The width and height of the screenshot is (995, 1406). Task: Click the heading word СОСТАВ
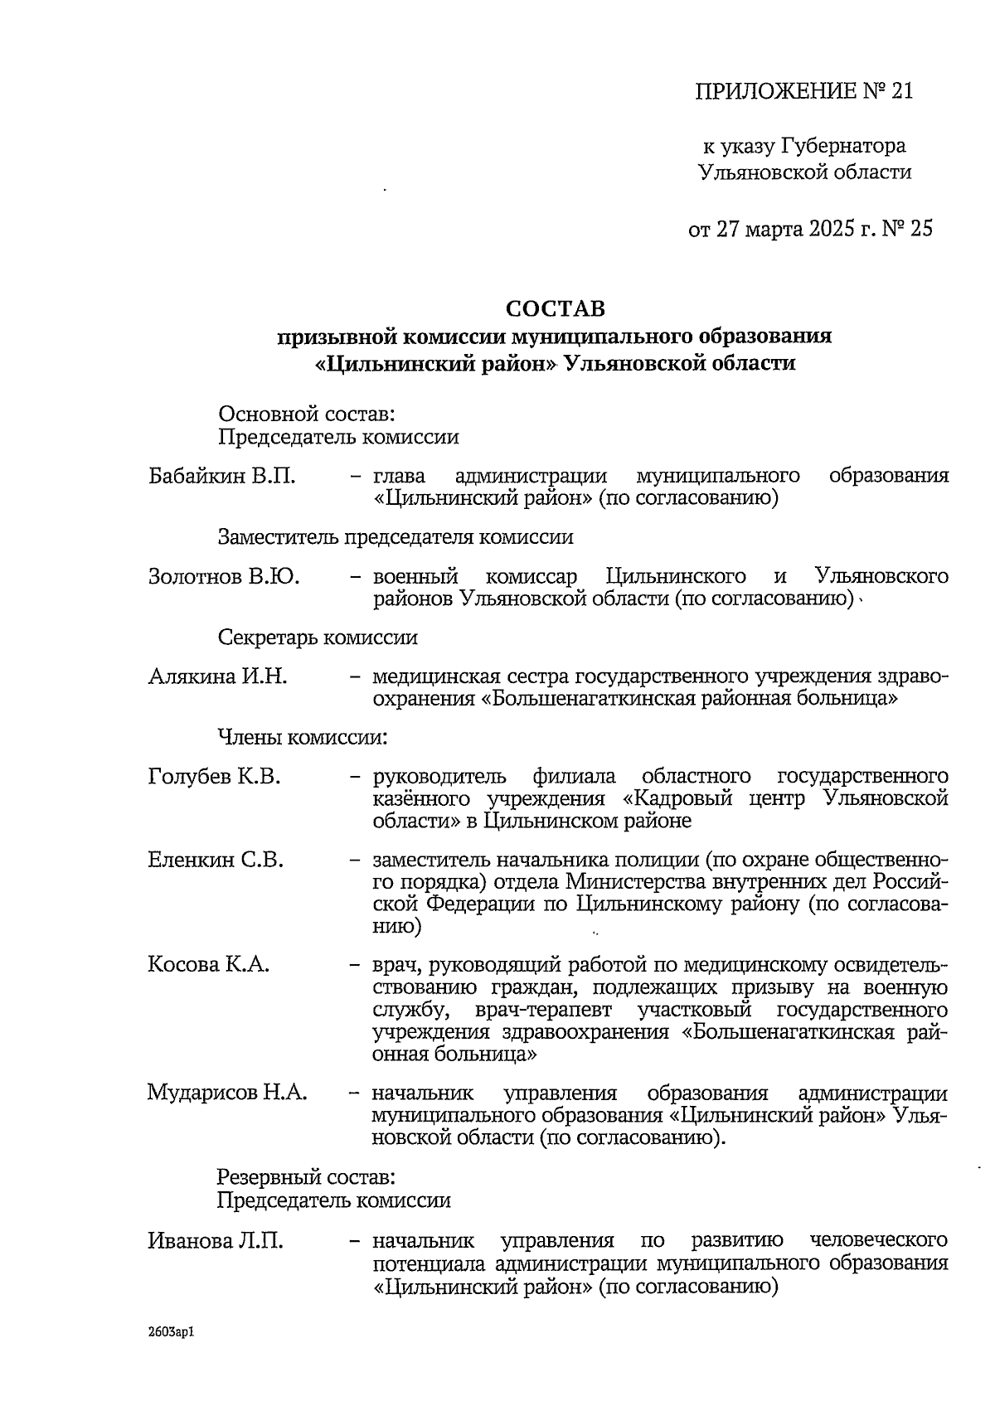click(x=556, y=308)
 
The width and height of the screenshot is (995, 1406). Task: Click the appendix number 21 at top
click(x=901, y=90)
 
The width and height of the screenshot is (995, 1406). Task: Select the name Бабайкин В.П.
click(x=221, y=477)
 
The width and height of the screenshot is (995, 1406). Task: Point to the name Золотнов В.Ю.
click(x=224, y=576)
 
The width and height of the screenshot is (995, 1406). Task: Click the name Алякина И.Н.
click(x=218, y=676)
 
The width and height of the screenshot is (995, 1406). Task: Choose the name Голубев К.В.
click(x=215, y=777)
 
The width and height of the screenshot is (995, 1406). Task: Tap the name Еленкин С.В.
click(x=216, y=860)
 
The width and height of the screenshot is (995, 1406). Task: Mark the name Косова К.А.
click(x=209, y=965)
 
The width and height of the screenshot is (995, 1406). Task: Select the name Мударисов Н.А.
click(x=227, y=1092)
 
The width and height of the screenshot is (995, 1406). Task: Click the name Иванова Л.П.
click(x=216, y=1241)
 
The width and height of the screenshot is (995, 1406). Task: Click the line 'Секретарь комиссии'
click(x=318, y=638)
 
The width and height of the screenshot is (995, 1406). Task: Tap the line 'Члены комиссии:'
click(x=303, y=736)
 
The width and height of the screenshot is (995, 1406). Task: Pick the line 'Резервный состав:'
click(x=306, y=1176)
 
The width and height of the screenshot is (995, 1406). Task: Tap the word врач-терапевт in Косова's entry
click(x=544, y=1010)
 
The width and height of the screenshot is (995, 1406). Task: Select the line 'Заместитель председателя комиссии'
click(x=396, y=536)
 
